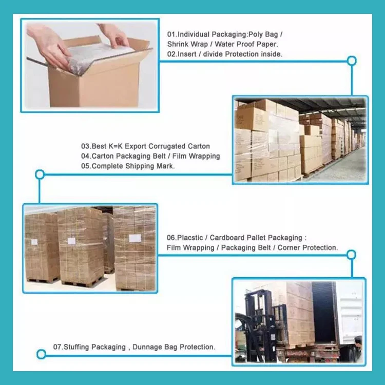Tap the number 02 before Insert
coord(171,53)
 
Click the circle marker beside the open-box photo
coord(352,61)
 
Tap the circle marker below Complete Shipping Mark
coord(40,175)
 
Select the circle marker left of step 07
coord(41,354)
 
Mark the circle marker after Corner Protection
coord(351,255)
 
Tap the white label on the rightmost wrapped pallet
coord(135,238)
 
